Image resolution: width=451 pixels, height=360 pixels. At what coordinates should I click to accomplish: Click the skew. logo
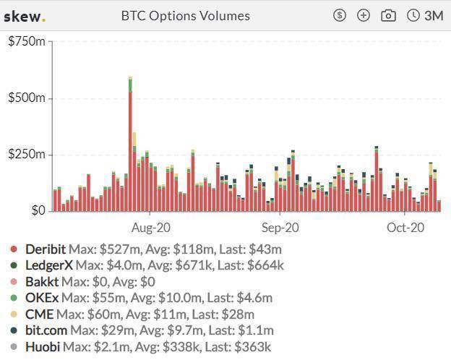pos(24,16)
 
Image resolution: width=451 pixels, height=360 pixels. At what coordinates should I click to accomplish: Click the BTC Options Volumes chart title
pos(185,16)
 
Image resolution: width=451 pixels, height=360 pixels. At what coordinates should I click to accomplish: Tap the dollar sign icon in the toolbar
pos(340,15)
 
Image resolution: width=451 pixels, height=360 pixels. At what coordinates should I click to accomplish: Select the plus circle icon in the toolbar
pos(364,15)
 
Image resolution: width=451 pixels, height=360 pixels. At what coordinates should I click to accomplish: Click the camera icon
pos(388,15)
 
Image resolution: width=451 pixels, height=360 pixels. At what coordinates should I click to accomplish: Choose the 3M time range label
pos(434,15)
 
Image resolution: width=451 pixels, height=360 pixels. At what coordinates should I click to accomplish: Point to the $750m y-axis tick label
pos(26,42)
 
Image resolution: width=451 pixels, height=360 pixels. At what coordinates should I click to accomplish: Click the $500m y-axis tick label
pos(26,98)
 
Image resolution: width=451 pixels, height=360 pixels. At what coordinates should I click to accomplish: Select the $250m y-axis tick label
pos(26,155)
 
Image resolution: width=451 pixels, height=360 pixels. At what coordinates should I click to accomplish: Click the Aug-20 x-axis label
pos(151,228)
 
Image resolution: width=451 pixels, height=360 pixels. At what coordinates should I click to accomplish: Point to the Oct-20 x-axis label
pos(405,228)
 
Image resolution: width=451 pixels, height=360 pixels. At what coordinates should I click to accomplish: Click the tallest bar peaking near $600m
pos(130,145)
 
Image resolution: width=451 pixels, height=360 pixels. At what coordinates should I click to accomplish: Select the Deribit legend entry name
pos(45,249)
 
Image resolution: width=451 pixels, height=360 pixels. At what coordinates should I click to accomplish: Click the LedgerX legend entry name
pos(48,265)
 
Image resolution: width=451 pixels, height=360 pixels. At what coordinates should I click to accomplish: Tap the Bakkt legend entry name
pos(41,282)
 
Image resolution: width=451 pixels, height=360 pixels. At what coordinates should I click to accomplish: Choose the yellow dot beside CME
pos(14,314)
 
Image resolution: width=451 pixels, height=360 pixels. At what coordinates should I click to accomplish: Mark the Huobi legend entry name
pos(43,347)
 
